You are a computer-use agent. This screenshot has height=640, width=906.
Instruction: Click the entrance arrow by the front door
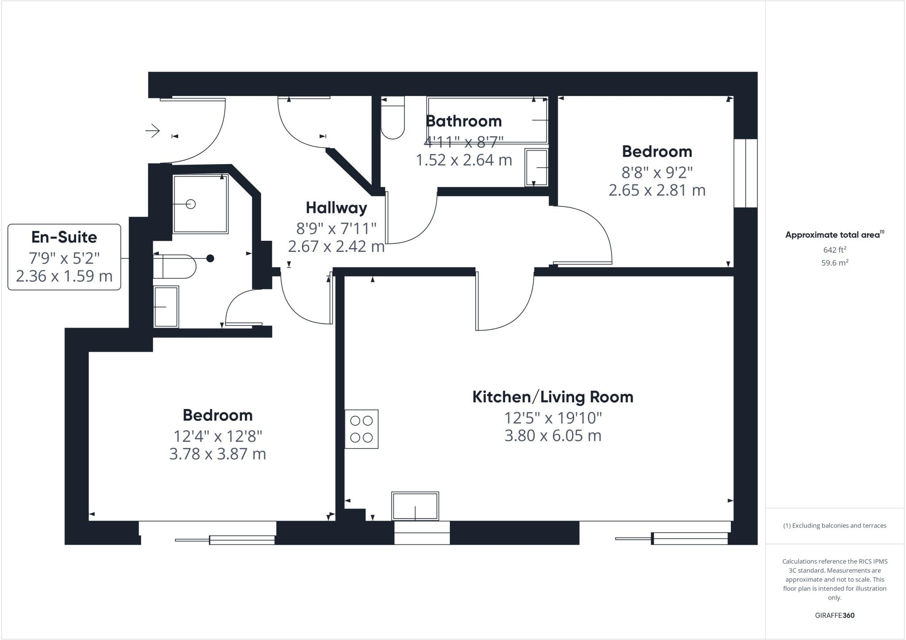click(153, 131)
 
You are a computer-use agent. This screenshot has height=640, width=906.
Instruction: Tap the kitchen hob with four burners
click(361, 429)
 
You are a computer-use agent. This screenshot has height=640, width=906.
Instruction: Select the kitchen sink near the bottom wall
click(415, 505)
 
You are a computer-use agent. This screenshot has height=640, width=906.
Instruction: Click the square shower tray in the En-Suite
click(200, 204)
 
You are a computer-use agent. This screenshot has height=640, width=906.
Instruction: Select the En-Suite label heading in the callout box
click(64, 237)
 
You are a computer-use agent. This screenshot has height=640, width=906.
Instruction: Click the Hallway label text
click(336, 208)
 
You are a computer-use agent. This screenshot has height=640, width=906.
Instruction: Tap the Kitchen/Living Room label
click(553, 397)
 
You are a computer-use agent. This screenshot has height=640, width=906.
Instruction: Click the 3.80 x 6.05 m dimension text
click(553, 436)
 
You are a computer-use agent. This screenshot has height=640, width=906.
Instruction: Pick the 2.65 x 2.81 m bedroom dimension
click(656, 190)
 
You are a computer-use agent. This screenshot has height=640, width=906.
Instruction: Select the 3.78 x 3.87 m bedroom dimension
click(217, 454)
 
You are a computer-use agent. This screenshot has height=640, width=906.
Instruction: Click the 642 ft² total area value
click(834, 250)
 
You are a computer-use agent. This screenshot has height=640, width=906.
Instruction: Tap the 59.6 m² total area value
click(834, 262)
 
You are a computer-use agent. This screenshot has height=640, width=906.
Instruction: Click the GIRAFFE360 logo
click(834, 615)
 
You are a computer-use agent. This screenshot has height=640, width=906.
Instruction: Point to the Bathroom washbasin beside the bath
click(536, 167)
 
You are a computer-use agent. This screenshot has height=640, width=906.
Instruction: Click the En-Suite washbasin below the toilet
click(166, 307)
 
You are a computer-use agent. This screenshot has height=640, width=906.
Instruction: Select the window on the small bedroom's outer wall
click(745, 173)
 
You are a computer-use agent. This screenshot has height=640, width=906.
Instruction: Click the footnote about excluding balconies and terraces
click(834, 526)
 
